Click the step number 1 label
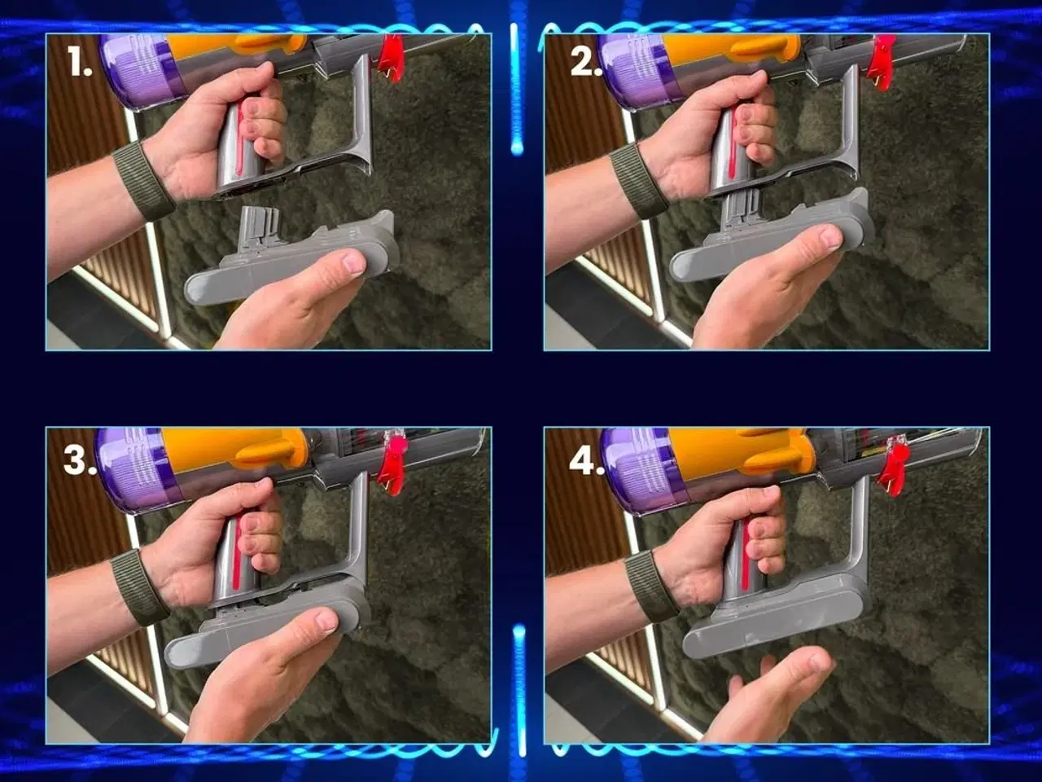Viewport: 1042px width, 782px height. [x=79, y=61]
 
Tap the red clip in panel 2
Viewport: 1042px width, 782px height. [x=881, y=62]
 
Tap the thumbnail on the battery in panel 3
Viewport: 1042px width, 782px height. [x=327, y=620]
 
